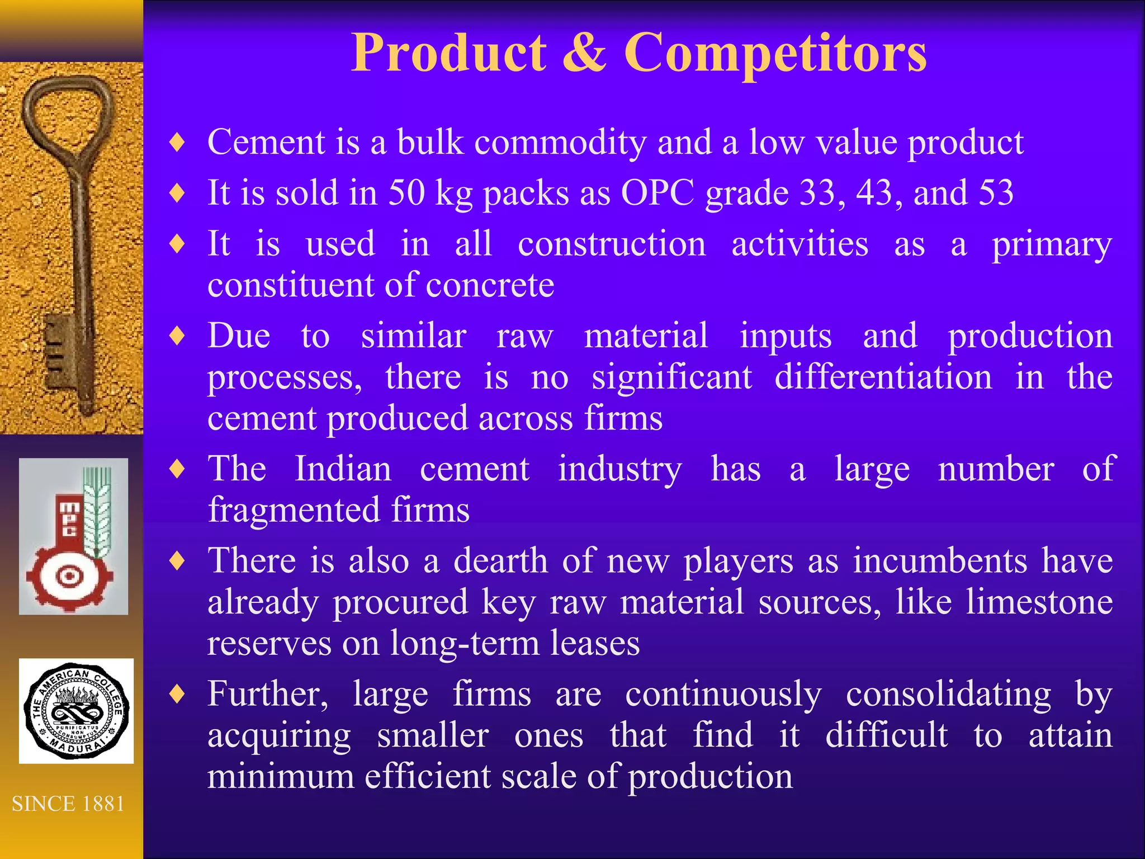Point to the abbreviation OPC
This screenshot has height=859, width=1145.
(657, 193)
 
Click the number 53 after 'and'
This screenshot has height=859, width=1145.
(996, 193)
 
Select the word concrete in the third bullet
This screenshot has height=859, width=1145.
(490, 285)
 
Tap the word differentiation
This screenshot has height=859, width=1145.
(883, 377)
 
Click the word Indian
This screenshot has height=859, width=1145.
(343, 469)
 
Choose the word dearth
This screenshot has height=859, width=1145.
(500, 561)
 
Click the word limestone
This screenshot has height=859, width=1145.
(1039, 602)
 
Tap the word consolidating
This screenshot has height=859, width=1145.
(948, 695)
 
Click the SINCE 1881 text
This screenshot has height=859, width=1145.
(68, 804)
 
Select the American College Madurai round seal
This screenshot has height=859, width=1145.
(76, 710)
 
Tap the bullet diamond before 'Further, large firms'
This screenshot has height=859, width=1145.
(177, 695)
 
